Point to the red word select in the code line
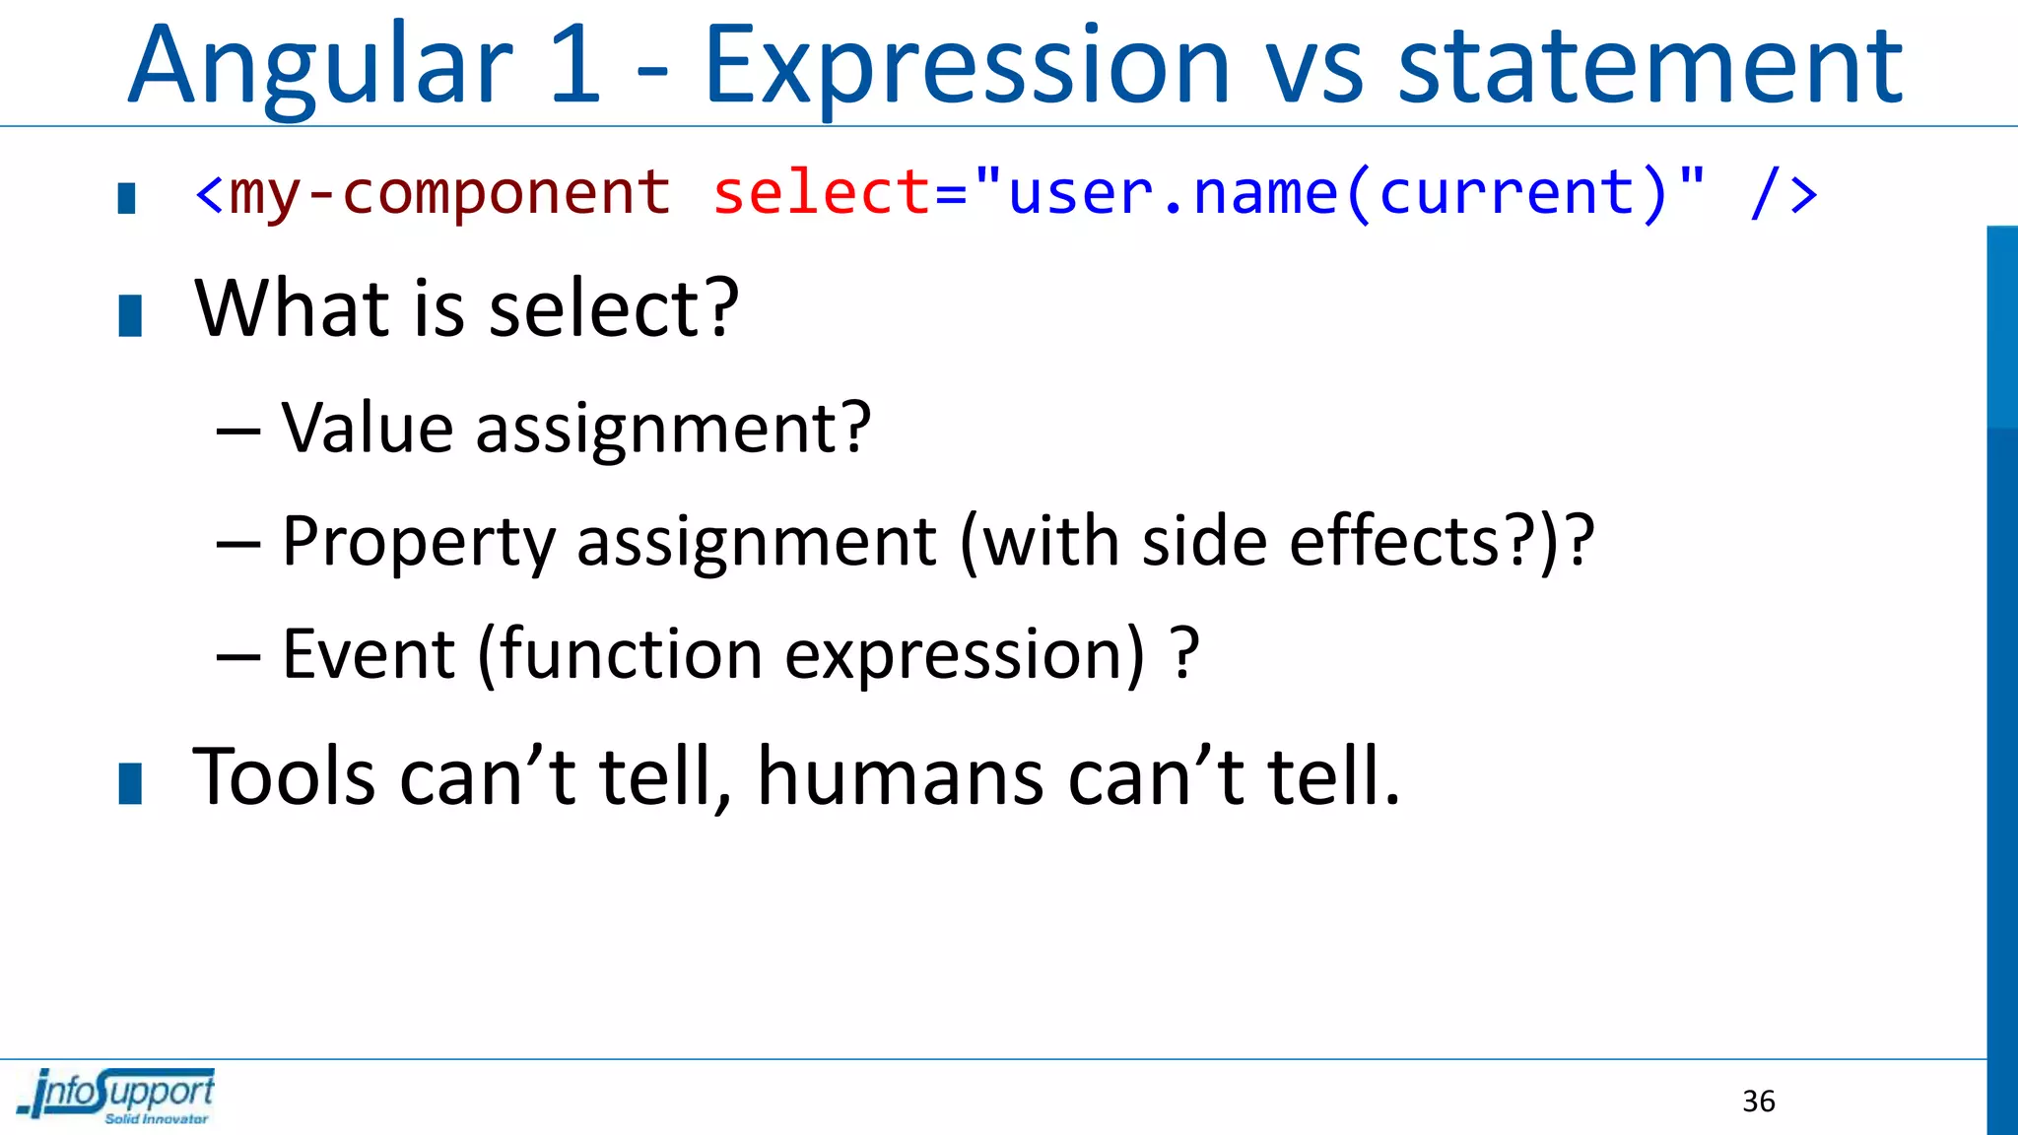coord(821,192)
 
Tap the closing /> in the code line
coord(1783,193)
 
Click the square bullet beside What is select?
coord(130,316)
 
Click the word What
coord(294,309)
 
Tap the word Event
coord(369,654)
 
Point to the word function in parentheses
coord(631,654)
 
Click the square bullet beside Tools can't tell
coord(130,784)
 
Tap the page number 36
coord(1758,1102)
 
